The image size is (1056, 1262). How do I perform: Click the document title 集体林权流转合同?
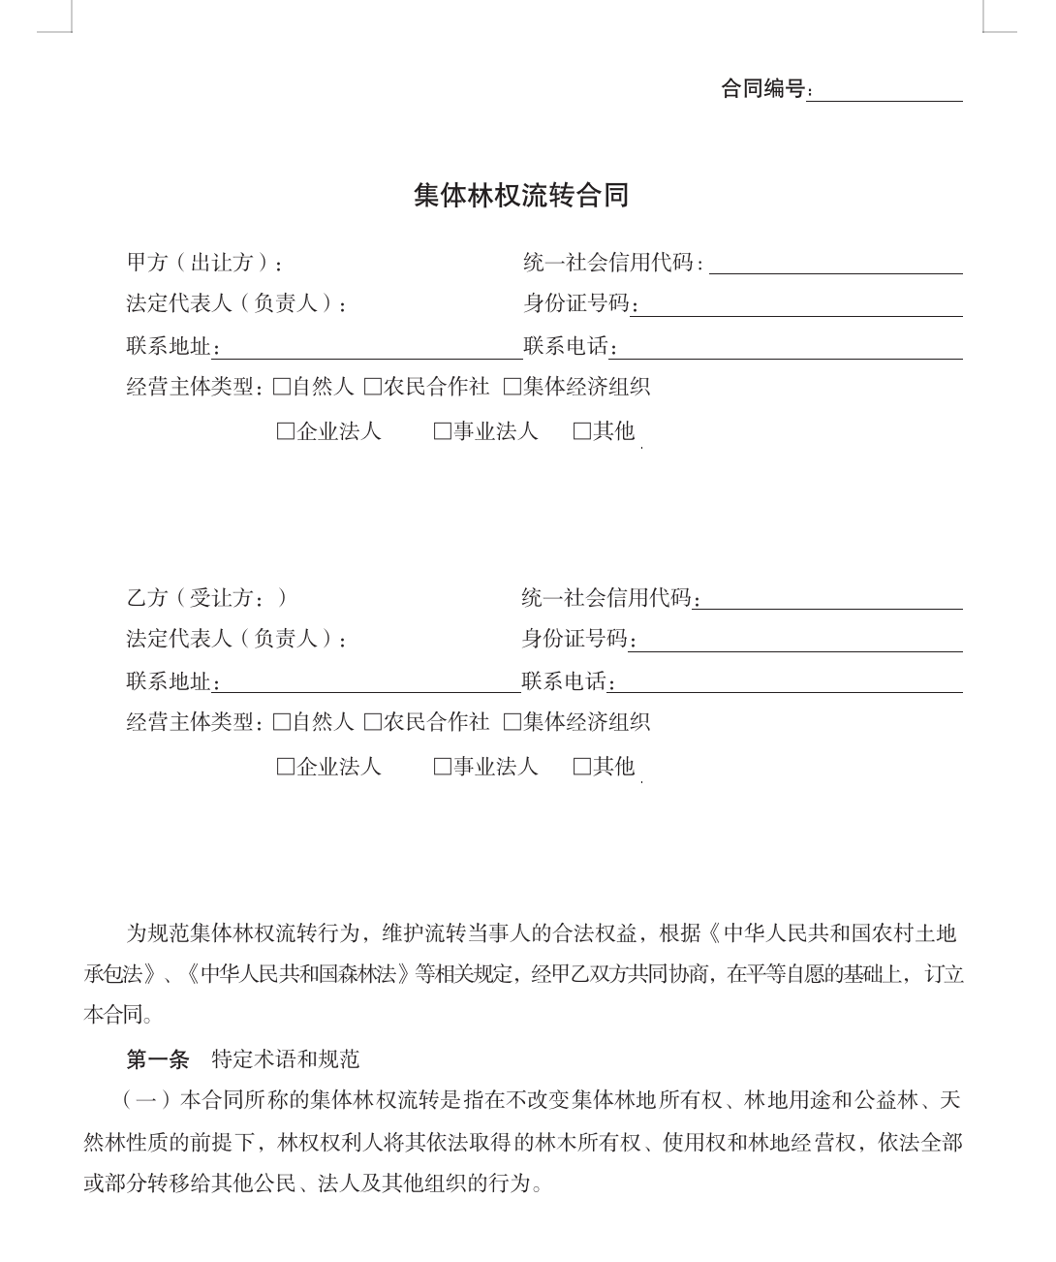click(521, 196)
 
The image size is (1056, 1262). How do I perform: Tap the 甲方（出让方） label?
click(204, 263)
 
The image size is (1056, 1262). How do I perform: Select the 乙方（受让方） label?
click(206, 598)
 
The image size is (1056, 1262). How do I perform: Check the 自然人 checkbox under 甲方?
click(282, 388)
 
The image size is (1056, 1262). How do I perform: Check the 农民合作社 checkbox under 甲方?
click(373, 388)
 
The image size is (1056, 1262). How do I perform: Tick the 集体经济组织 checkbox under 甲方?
click(512, 388)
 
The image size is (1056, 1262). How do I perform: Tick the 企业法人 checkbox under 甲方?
click(286, 431)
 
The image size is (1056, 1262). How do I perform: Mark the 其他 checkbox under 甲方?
click(582, 431)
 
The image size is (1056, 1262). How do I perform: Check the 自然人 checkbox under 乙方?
click(282, 722)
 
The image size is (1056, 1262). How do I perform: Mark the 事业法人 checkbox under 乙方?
click(443, 767)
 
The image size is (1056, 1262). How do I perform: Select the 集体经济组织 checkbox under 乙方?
click(512, 722)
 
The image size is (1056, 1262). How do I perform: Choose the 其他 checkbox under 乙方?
click(582, 767)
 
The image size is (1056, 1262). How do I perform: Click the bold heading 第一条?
click(157, 1059)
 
